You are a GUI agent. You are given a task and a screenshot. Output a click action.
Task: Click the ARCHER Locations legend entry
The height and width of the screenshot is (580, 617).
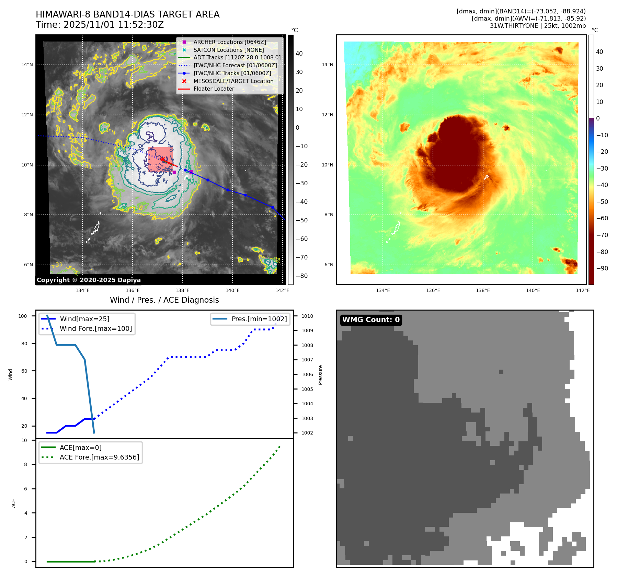pyautogui.click(x=229, y=42)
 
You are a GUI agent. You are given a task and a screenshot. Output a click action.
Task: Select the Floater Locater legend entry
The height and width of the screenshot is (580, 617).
pyautogui.click(x=214, y=89)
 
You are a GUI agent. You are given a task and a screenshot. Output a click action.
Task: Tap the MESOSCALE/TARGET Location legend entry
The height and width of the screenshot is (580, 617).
pyautogui.click(x=233, y=81)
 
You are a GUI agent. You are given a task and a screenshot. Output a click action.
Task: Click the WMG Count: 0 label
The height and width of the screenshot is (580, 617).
pyautogui.click(x=371, y=320)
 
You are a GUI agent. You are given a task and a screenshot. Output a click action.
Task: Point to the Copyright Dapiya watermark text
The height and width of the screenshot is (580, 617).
pyautogui.click(x=89, y=280)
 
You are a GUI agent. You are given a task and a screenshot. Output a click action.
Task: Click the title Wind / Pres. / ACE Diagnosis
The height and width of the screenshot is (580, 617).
pyautogui.click(x=164, y=300)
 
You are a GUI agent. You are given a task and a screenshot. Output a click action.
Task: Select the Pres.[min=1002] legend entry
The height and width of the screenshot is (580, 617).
pyautogui.click(x=259, y=319)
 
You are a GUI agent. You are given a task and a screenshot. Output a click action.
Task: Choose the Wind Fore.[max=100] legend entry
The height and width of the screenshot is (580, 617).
pyautogui.click(x=95, y=328)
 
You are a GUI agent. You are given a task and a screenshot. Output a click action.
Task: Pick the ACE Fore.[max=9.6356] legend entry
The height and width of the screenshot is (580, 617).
pyautogui.click(x=99, y=457)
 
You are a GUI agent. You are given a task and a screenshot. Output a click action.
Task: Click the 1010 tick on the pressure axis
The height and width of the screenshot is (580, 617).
pyautogui.click(x=307, y=316)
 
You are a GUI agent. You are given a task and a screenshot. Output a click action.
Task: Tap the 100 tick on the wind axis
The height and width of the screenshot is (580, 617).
pyautogui.click(x=23, y=316)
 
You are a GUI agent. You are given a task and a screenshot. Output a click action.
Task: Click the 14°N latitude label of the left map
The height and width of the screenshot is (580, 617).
pyautogui.click(x=27, y=65)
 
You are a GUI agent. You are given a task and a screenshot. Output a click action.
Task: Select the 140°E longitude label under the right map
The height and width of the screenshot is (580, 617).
pyautogui.click(x=533, y=290)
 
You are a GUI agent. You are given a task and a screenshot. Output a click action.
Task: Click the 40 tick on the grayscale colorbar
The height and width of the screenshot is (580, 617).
pyautogui.click(x=299, y=54)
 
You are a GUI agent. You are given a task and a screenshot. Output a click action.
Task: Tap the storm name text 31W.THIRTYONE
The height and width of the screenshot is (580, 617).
pyautogui.click(x=514, y=26)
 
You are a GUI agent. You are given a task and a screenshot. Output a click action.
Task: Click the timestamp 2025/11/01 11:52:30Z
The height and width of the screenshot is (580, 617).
pyautogui.click(x=114, y=25)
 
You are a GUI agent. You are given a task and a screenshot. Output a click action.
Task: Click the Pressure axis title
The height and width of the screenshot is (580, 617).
pyautogui.click(x=320, y=375)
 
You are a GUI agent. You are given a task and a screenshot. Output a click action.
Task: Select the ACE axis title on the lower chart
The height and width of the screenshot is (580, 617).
pyautogui.click(x=14, y=503)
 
